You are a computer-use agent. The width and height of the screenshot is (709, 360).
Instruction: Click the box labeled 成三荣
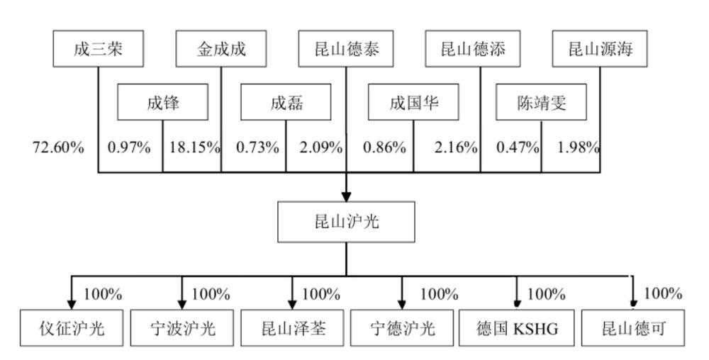click(x=99, y=49)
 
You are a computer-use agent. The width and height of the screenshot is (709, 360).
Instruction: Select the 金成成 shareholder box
click(x=221, y=49)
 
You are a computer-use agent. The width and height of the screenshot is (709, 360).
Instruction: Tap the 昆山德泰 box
click(x=347, y=49)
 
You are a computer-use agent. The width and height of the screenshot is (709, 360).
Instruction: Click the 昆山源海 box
click(x=600, y=49)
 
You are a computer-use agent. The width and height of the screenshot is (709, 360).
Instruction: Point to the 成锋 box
click(x=163, y=103)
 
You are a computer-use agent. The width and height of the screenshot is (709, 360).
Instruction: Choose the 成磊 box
click(x=286, y=103)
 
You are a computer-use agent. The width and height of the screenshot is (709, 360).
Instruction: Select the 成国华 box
click(x=413, y=103)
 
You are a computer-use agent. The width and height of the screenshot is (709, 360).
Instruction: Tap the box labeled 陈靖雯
click(x=542, y=103)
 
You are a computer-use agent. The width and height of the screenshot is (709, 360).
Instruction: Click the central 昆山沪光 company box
click(x=347, y=222)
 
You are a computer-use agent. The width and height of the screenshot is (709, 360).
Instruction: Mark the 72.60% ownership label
click(x=58, y=147)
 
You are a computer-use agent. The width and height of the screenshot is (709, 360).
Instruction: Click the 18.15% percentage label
click(x=195, y=147)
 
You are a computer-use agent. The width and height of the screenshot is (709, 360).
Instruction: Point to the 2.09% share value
click(x=320, y=147)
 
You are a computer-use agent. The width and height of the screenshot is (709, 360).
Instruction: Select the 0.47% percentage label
click(x=518, y=147)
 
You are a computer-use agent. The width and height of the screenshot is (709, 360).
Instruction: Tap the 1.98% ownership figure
click(x=579, y=147)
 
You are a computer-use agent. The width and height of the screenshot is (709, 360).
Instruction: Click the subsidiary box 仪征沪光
click(x=72, y=328)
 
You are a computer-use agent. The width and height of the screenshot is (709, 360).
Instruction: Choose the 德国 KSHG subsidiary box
click(x=517, y=328)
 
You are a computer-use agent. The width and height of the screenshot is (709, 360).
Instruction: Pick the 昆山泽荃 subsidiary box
click(x=294, y=328)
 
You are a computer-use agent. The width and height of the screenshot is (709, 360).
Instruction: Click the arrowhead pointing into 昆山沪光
click(x=347, y=197)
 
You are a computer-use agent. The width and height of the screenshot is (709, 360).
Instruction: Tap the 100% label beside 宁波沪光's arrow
click(x=211, y=293)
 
